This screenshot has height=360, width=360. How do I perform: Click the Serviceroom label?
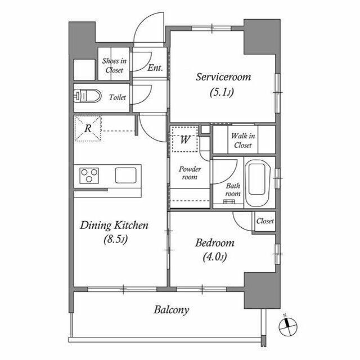223,77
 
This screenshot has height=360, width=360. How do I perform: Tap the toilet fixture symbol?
88,96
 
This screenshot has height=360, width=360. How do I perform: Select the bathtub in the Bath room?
256,182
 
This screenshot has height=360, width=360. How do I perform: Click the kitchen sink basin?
125,175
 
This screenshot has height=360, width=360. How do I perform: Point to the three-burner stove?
89,175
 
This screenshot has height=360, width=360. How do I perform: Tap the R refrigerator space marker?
88,128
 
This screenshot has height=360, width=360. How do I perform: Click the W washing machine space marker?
185,139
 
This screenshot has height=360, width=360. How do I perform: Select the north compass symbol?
287,326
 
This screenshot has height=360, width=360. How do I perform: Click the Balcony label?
171,310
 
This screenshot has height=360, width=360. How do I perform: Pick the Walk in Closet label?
243,141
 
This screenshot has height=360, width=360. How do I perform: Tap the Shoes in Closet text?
114,65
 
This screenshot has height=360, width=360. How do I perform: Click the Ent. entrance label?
155,67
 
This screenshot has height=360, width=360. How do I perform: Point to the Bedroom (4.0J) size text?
215,256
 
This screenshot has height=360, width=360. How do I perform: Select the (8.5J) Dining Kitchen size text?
115,240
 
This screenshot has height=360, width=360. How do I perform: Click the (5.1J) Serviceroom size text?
222,92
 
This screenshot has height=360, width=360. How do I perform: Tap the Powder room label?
190,173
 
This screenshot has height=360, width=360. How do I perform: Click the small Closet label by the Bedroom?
265,221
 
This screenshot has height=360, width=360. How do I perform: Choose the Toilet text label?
118,97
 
